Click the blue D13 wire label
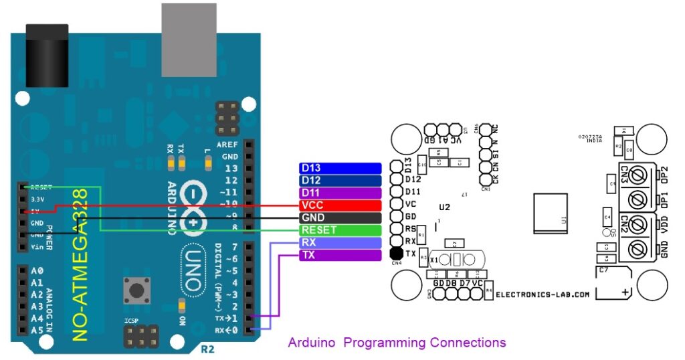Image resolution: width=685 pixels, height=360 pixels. (340, 168)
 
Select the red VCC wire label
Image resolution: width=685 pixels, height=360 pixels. (340, 205)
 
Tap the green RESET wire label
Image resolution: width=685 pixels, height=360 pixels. (340, 230)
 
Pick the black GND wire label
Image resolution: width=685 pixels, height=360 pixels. (340, 218)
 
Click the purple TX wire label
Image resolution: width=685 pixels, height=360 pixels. (340, 256)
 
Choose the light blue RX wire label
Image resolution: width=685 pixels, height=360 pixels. (340, 243)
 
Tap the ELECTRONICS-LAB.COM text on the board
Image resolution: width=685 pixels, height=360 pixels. (543, 294)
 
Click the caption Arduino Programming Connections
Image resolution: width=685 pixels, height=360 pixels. (397, 343)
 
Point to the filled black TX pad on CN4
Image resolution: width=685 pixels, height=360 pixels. (395, 254)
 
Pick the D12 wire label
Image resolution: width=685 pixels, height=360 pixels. (340, 181)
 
